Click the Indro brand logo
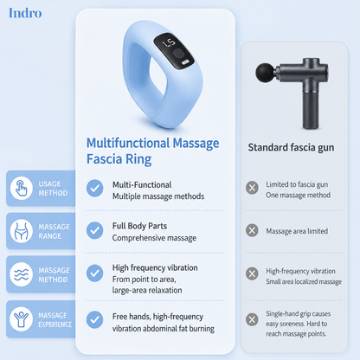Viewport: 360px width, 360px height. coord(25,13)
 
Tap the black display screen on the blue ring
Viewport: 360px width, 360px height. coord(174,51)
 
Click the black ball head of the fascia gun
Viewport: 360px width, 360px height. coord(266,73)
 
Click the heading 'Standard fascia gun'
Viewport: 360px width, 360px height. coord(291,147)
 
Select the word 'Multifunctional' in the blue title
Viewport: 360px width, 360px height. coord(128,143)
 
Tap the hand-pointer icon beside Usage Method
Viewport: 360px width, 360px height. coord(22,188)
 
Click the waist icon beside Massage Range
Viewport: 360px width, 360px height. coord(22,231)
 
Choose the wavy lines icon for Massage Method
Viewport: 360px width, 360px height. coord(22,274)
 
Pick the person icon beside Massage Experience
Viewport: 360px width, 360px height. coord(22,319)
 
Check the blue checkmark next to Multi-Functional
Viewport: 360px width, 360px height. coord(94,189)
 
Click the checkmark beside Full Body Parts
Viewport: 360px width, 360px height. coord(94,230)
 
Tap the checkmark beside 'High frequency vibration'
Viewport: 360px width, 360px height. coord(94,273)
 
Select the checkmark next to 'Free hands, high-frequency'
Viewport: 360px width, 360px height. coord(94,319)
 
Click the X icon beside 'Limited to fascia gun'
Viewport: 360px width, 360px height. coord(252,188)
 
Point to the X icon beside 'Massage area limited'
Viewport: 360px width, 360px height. coord(252,230)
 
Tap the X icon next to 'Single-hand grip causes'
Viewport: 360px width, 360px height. coord(252,319)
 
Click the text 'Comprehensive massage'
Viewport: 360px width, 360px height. coord(154,238)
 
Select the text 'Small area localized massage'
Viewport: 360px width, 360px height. coord(304,282)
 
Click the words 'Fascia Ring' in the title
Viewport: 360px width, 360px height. coord(119,159)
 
